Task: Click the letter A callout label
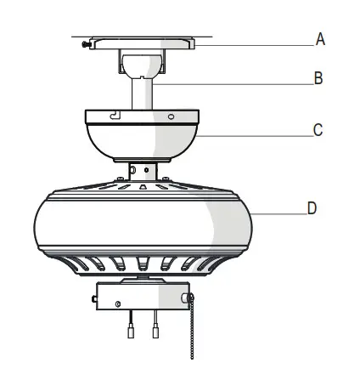(320, 39)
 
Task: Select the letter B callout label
(318, 79)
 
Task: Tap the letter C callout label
(318, 131)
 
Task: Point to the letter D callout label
(312, 208)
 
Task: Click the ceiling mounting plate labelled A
(144, 43)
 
